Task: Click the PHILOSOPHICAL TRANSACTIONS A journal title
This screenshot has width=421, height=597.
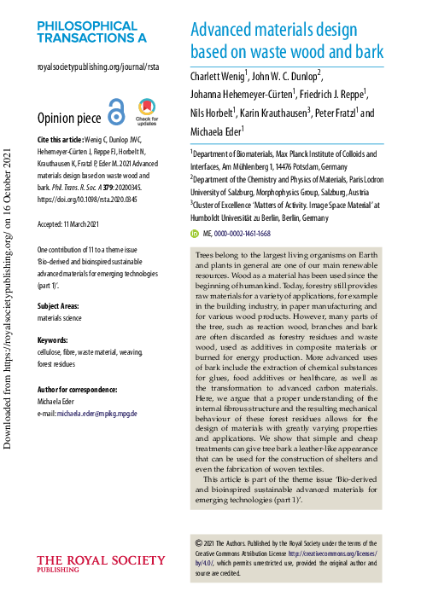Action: (x=91, y=32)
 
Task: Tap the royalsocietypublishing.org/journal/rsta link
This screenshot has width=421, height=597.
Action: (x=97, y=67)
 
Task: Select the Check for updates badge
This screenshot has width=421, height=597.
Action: (x=147, y=112)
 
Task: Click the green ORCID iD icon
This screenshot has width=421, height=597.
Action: (x=195, y=233)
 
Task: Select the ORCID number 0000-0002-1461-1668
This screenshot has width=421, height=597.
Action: (x=242, y=233)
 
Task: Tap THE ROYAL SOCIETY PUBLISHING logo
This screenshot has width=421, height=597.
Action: (x=102, y=564)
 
